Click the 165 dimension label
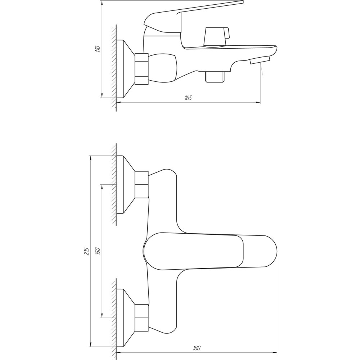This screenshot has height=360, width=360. pos(188,98)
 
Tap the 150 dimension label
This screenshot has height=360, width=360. pos(98,251)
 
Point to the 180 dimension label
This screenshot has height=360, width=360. pos(197,348)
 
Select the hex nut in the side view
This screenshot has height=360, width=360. pos(141,69)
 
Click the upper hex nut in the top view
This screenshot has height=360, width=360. pos(141,184)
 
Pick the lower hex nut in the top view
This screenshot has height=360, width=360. pos(141,318)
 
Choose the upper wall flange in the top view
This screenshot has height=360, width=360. pos(126,184)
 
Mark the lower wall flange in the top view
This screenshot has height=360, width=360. pos(126,318)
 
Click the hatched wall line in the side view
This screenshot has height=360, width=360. pos(114,68)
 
